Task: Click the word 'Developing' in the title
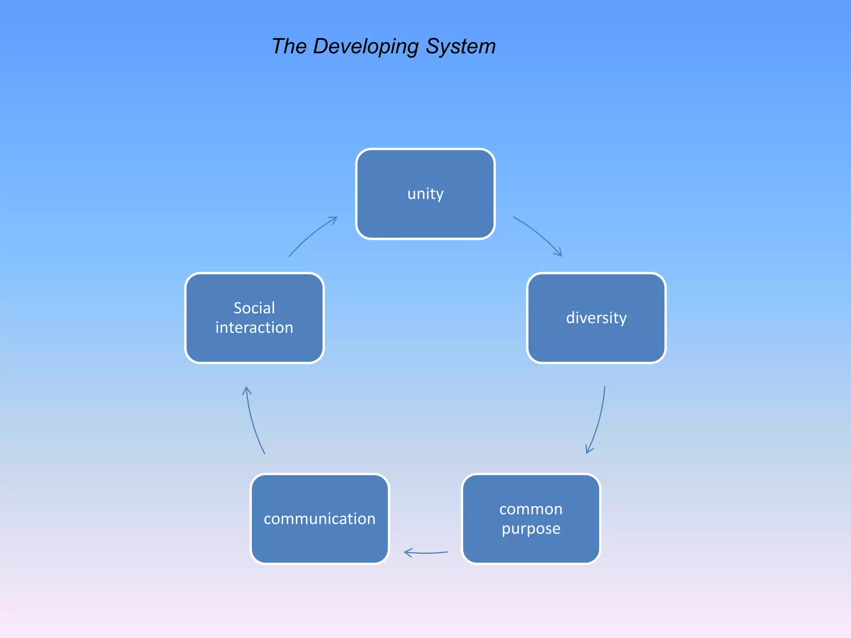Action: click(x=365, y=47)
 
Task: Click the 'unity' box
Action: click(x=425, y=194)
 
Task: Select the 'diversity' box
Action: click(x=596, y=318)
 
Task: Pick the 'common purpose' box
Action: click(x=531, y=519)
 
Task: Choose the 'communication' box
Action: click(x=320, y=519)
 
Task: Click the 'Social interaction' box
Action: click(x=254, y=318)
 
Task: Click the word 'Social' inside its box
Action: click(x=254, y=308)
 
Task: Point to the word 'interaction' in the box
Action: click(x=254, y=328)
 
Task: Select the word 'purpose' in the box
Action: click(x=531, y=529)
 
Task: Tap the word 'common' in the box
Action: click(x=531, y=509)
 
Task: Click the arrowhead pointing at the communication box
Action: click(x=407, y=552)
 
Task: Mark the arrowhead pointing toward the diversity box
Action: click(x=559, y=253)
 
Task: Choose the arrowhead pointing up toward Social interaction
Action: click(x=247, y=390)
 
